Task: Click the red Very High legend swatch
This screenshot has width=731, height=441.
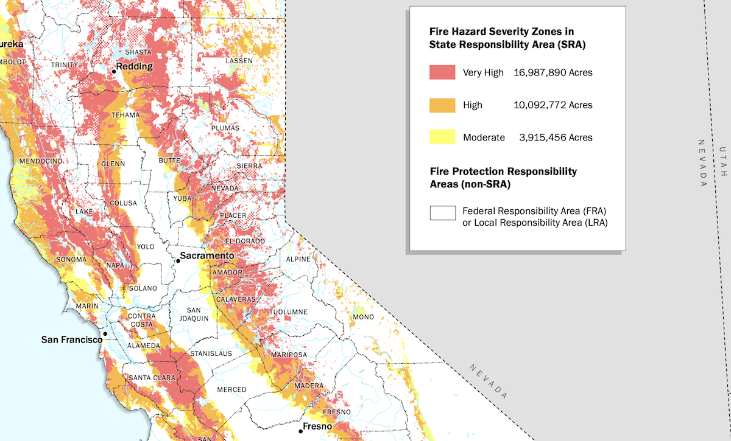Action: click(442, 72)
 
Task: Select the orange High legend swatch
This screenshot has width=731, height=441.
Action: click(442, 105)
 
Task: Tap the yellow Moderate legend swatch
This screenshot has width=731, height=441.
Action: click(442, 137)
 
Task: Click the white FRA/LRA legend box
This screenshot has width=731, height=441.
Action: click(442, 213)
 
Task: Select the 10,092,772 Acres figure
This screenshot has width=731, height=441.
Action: click(553, 105)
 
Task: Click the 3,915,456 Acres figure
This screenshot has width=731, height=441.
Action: click(555, 137)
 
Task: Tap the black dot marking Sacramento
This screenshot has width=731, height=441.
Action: click(178, 261)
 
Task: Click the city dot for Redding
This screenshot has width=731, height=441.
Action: click(113, 71)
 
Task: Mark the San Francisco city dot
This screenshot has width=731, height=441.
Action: click(105, 334)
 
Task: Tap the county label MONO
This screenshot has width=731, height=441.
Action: click(363, 317)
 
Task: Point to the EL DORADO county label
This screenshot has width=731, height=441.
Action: click(247, 241)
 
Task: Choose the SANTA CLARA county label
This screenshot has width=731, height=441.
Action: click(152, 378)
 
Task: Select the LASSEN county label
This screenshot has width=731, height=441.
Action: click(239, 61)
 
